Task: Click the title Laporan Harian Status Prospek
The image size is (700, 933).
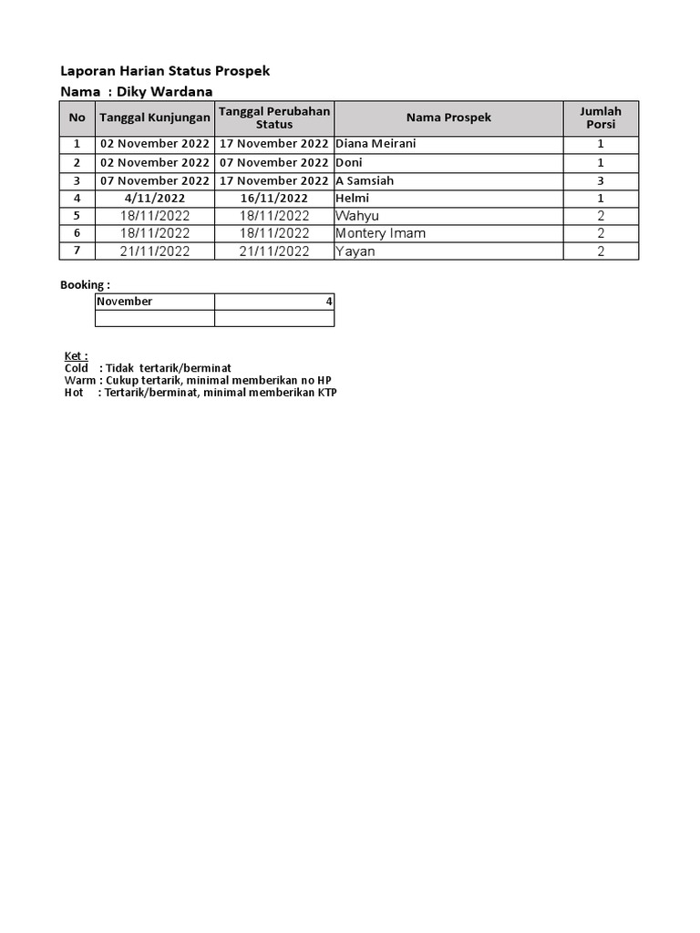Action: coord(165,71)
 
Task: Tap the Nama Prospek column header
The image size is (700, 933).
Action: coord(448,118)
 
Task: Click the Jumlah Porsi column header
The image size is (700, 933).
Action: coord(601,118)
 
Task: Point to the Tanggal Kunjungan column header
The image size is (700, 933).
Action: coord(154,118)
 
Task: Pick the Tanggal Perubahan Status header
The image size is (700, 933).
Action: coord(274,118)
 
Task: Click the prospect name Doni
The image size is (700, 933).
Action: coord(349,162)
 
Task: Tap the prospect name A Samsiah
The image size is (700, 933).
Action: coord(365,180)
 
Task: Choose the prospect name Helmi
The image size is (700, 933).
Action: coord(352,198)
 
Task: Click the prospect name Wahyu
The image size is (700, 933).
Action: coord(356,216)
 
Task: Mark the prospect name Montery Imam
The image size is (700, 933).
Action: coord(380,233)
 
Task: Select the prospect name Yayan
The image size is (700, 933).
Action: coord(355,251)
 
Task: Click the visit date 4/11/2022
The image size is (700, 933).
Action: coord(155,198)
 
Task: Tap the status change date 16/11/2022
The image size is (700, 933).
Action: coord(274,198)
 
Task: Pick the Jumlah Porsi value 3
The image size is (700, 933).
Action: coord(601,180)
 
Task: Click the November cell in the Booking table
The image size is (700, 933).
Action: coord(125,302)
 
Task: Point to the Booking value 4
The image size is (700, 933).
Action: coord(329,302)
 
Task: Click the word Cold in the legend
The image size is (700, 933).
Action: coord(77,368)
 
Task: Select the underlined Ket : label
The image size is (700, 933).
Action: coord(76,355)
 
